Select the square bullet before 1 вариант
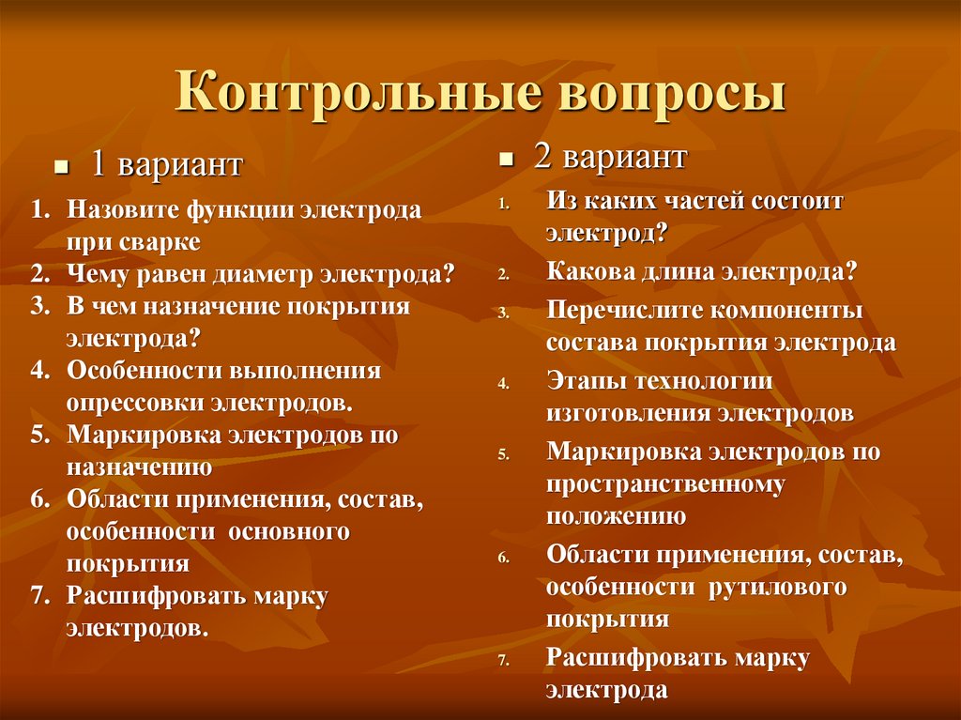tap(61, 167)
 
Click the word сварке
tap(160, 242)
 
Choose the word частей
tap(678, 201)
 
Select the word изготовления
tap(628, 413)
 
